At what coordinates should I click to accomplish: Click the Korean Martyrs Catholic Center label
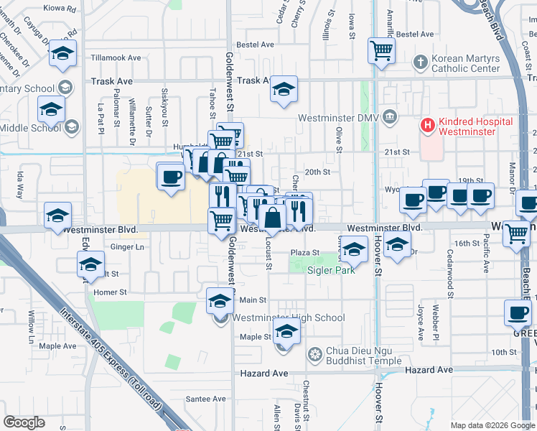click(466, 63)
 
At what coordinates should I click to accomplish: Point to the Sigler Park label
click(331, 271)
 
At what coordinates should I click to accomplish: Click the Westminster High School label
click(289, 318)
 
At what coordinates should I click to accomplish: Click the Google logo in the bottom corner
click(24, 422)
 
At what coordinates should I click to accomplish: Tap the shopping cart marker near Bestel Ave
click(382, 50)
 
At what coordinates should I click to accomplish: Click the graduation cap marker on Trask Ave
click(284, 89)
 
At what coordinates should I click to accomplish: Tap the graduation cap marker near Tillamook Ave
click(63, 53)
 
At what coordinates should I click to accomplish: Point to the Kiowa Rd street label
click(60, 9)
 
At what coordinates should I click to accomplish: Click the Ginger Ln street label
click(127, 246)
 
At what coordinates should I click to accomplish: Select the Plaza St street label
click(304, 253)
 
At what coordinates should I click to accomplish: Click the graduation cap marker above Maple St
click(286, 333)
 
